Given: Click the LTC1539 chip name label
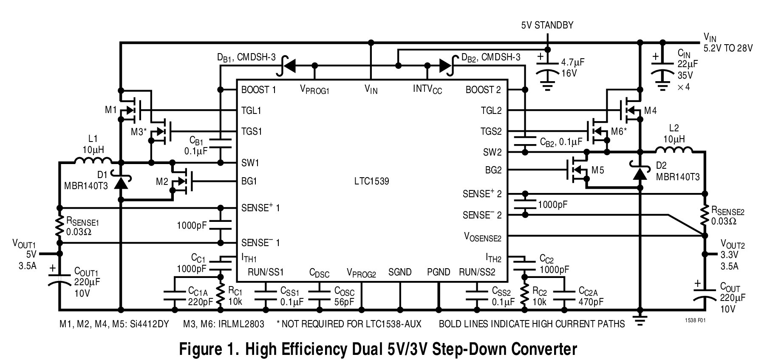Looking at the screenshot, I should click(372, 181).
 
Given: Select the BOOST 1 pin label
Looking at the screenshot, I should click(258, 90).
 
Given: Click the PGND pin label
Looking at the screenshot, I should click(438, 272).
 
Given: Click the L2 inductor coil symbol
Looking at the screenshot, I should click(674, 150).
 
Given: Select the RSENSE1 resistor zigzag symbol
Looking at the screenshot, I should click(59, 225).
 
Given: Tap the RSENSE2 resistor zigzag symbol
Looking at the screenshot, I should click(705, 215).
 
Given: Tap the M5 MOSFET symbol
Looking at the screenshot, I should click(578, 170).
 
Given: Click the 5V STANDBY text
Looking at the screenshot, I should click(547, 25).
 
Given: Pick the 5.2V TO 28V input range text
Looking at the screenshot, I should click(727, 48).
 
